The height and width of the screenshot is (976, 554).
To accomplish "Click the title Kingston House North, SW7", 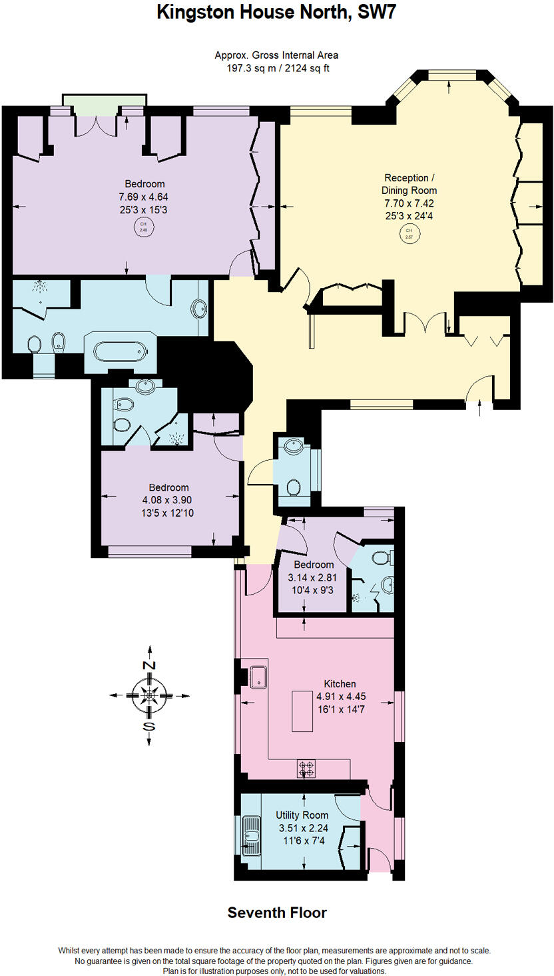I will coord(276,12).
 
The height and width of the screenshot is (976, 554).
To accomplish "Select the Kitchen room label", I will coord(340,683).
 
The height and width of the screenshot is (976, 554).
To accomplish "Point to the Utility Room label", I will coord(302,815).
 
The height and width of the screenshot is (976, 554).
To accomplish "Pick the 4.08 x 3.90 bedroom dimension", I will coord(168,500).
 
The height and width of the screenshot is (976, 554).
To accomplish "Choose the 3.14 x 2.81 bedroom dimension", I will coord(311,577).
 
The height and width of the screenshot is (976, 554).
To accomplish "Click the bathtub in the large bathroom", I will coord(117,351).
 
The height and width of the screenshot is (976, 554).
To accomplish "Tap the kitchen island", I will coord(303,712).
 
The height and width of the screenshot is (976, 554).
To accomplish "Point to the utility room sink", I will coord(252,835).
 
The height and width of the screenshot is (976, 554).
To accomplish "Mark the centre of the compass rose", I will coord(149,695).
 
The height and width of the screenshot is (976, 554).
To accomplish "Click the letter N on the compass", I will coord(149,665).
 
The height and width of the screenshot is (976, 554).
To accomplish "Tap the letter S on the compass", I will coord(149,726).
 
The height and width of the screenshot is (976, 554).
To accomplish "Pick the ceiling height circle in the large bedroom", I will coord(142,227).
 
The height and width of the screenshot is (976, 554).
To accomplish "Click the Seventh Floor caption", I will coord(277,913).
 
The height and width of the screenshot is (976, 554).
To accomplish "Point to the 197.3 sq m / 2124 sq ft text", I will coord(276,67).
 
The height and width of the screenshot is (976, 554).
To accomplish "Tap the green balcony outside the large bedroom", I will coord(104,100).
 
